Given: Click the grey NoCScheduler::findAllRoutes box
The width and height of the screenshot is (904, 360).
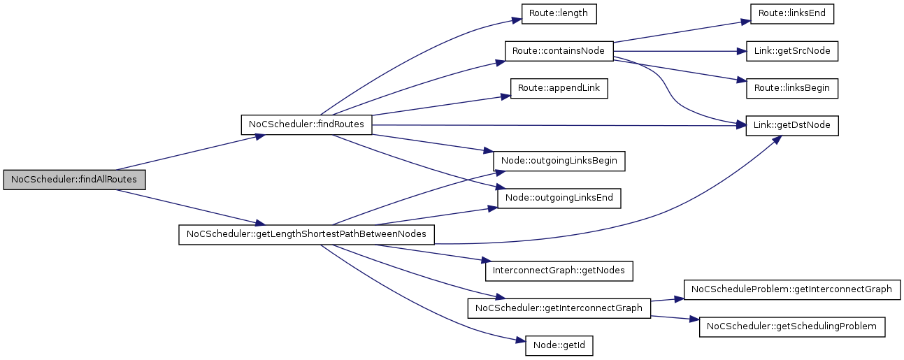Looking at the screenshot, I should [x=74, y=180].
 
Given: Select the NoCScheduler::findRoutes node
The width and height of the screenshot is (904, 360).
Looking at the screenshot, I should [x=306, y=124].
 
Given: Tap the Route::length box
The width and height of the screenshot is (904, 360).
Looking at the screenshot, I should [x=559, y=13].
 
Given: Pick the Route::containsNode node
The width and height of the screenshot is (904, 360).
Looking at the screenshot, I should [x=558, y=51].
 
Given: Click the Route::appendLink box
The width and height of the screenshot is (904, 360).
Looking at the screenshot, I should [x=559, y=89].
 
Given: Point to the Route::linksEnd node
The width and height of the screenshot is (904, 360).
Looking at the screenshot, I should [x=791, y=13].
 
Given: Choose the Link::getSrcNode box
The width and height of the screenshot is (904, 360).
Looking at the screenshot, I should [x=791, y=51].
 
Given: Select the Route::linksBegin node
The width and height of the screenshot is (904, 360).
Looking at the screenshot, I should [x=791, y=89].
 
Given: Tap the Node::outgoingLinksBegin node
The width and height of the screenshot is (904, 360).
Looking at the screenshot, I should [x=559, y=161].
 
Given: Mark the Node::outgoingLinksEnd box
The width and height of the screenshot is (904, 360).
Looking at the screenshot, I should [x=559, y=199].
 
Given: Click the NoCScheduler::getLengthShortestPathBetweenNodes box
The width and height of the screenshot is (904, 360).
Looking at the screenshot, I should [x=306, y=234].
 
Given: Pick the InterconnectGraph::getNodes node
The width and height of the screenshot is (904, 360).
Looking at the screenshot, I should [x=559, y=270].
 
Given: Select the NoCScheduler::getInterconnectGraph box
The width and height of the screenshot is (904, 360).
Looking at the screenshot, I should [x=559, y=308].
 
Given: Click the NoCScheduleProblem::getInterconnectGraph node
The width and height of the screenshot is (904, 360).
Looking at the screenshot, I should [x=791, y=289].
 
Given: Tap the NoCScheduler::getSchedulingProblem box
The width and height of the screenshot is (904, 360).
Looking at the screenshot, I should [x=791, y=326].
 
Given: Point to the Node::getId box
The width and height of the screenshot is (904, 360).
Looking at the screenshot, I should [x=559, y=345].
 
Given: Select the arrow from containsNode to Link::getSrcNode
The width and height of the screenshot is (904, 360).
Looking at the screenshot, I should [x=675, y=51].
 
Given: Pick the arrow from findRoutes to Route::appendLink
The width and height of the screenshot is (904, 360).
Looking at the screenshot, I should [x=437, y=106].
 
